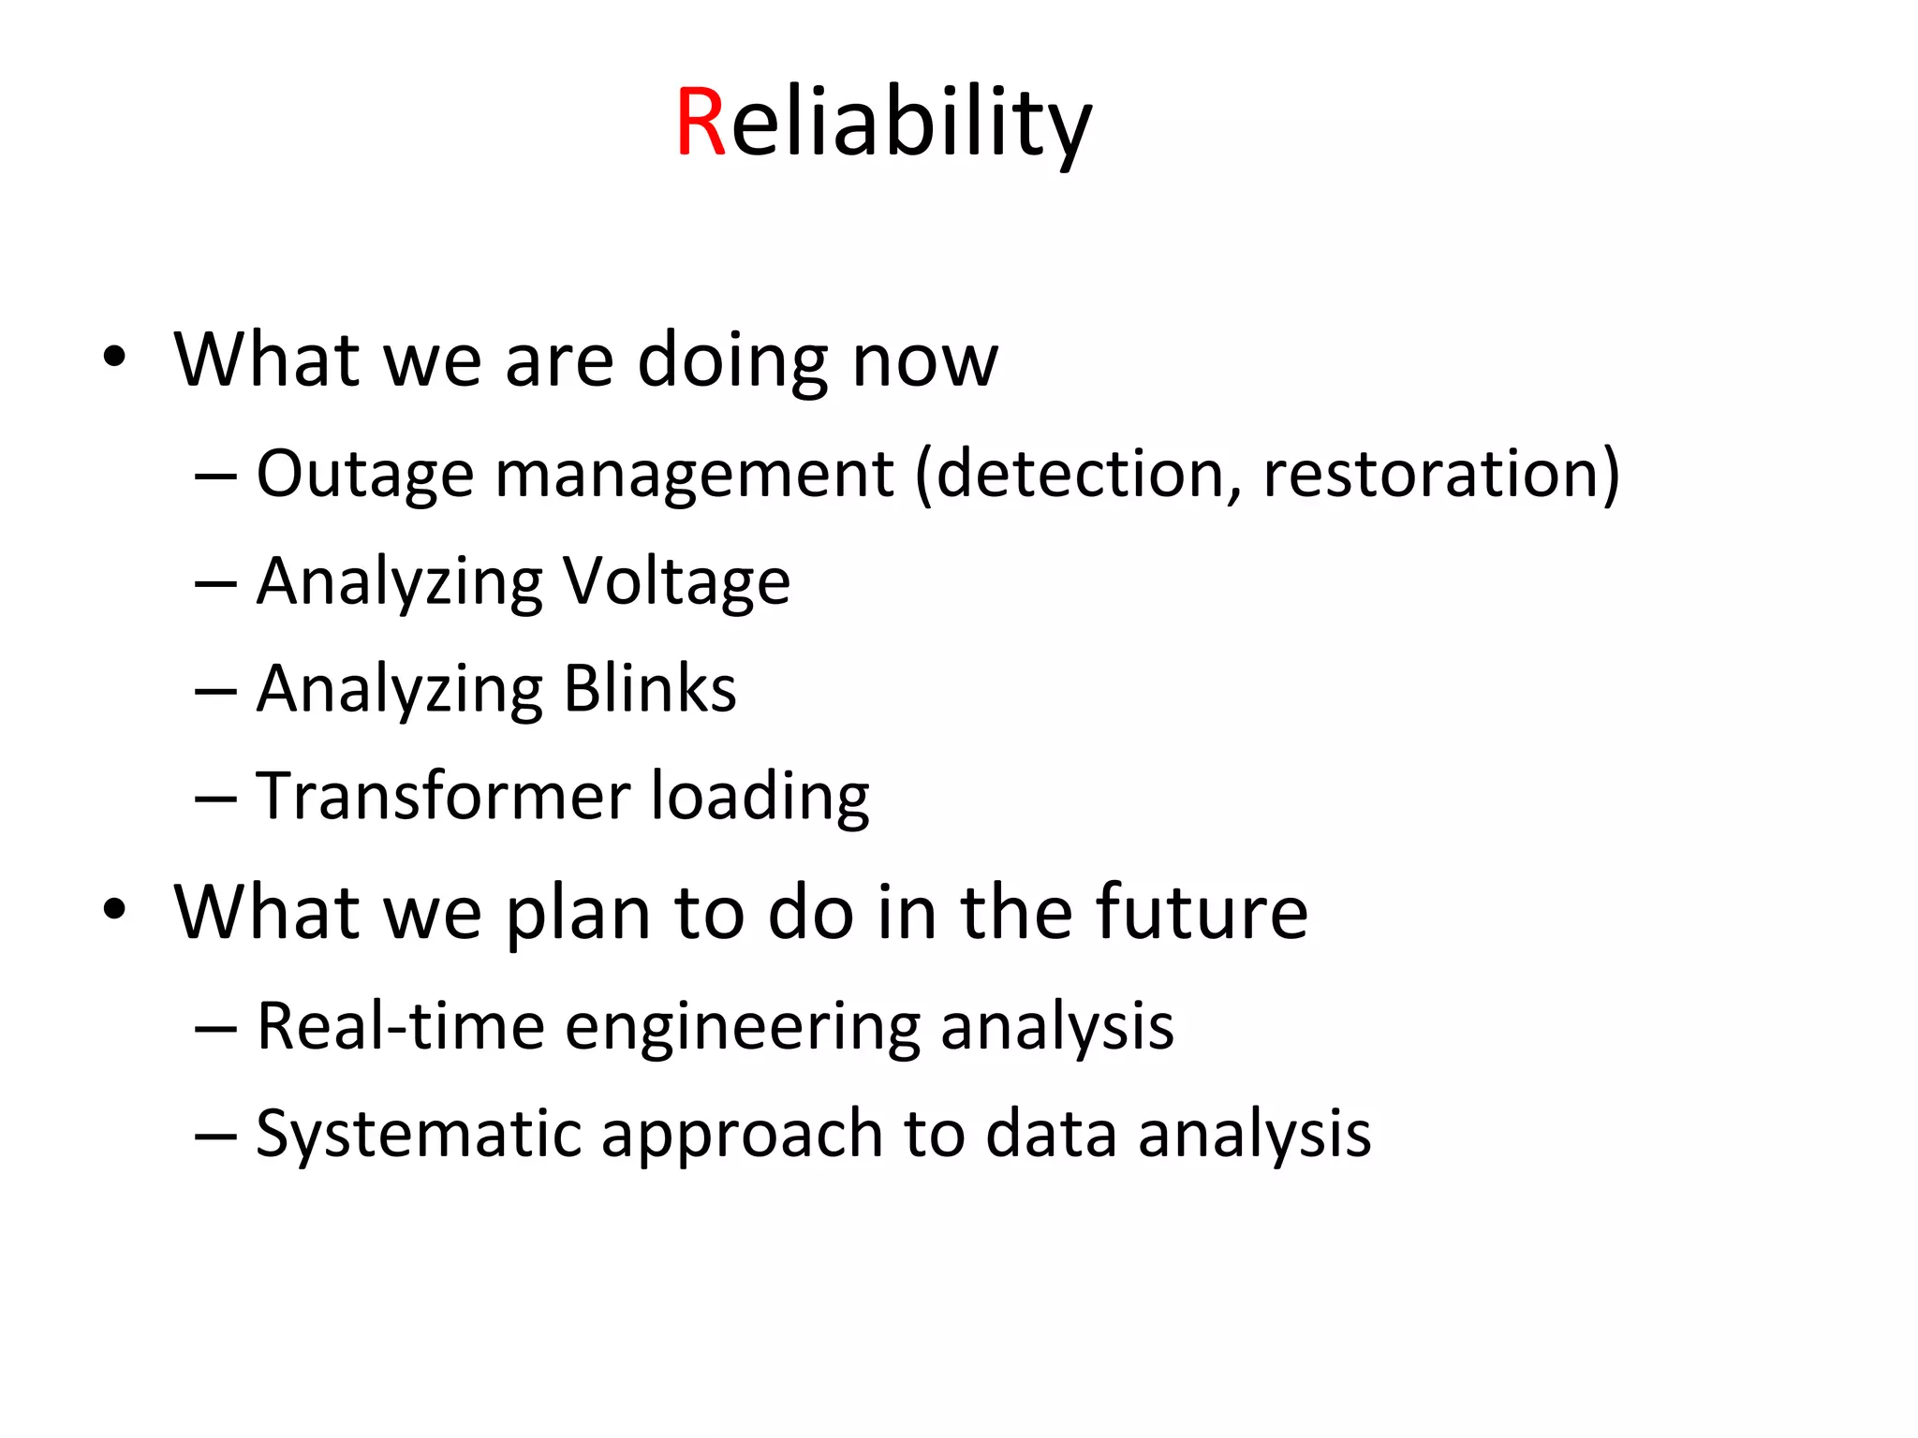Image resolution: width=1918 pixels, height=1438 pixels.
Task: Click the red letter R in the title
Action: [x=701, y=123]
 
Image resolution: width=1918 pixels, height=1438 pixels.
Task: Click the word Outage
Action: [x=365, y=475]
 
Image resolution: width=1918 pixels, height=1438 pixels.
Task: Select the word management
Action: [x=694, y=475]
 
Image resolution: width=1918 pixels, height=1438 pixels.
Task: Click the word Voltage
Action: [x=675, y=582]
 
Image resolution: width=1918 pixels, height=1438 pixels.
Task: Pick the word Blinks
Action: [x=650, y=689]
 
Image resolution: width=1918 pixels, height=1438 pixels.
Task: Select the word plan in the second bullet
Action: [x=578, y=915]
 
